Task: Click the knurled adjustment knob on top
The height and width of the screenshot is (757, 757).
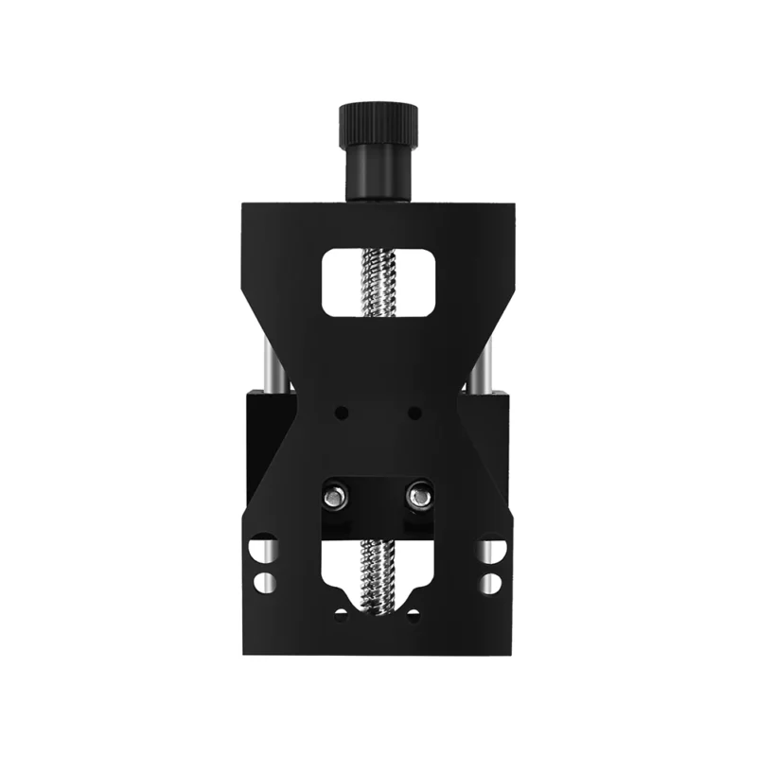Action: pos(378,121)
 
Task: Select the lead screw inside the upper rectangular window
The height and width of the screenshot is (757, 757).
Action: pos(378,281)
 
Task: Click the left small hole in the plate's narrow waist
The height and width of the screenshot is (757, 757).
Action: pos(343,413)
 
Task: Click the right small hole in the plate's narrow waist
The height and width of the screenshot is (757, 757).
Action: pos(414,413)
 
